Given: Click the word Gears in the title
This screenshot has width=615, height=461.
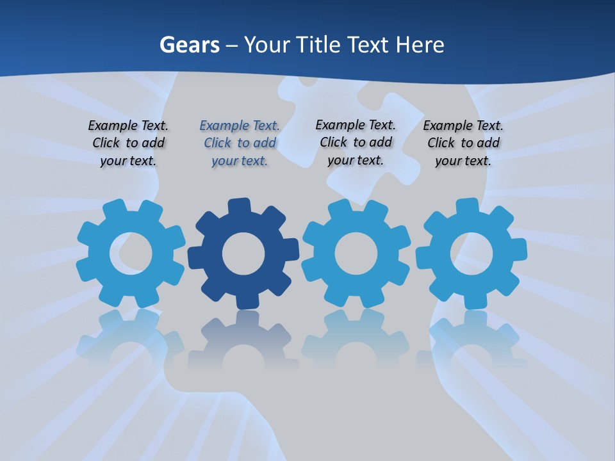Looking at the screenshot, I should (189, 45).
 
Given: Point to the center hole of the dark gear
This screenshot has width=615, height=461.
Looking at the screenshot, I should (243, 254).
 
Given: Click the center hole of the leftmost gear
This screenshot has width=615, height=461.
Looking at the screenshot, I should (131, 254).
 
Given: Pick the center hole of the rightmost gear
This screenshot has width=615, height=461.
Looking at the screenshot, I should (471, 254).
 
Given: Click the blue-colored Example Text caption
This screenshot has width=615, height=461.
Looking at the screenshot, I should (240, 143).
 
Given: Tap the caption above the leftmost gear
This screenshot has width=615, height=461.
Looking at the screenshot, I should (128, 143).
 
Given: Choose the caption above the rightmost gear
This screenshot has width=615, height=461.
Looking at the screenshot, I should (463, 143).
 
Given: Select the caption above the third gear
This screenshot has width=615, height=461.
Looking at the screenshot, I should (356, 143).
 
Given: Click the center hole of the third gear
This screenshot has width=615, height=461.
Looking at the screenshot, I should (356, 254).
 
